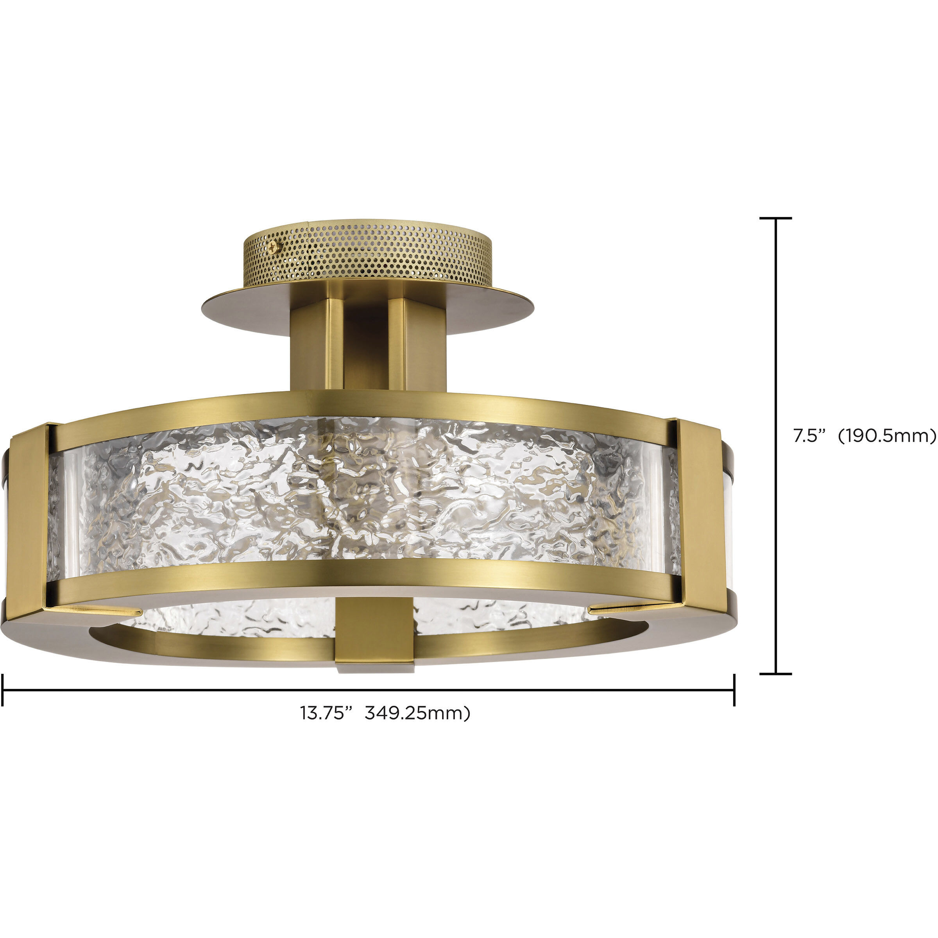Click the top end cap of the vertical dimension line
776,218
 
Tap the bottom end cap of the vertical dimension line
776,673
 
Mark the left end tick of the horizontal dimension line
2,689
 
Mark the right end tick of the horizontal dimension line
734,689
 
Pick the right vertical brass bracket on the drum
699,510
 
